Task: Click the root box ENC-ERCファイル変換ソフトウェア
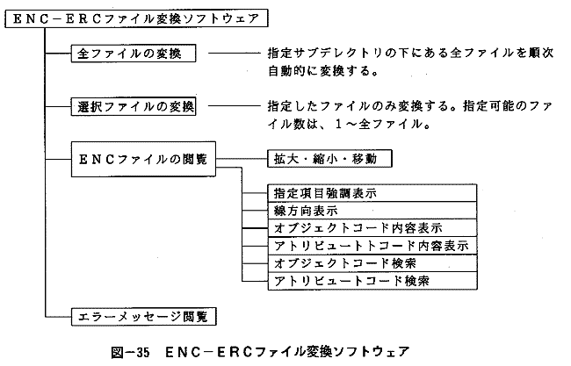tap(136, 18)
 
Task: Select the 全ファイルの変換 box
tap(134, 54)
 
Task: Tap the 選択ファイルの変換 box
tap(134, 106)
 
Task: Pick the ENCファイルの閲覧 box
tap(143, 160)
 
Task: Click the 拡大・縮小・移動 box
tap(329, 159)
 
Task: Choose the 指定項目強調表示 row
tap(372, 193)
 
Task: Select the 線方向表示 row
tap(372, 211)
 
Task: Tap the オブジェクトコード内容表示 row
tap(372, 228)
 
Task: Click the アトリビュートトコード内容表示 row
tap(372, 246)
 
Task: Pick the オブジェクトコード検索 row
tap(372, 263)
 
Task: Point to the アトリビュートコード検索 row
tap(372, 281)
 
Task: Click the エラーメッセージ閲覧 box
tap(143, 317)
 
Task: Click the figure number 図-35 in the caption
tap(130, 352)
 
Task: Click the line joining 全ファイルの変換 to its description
tap(235, 54)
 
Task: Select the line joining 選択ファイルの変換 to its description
tap(235, 106)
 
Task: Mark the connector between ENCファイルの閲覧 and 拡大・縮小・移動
tap(242, 159)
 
